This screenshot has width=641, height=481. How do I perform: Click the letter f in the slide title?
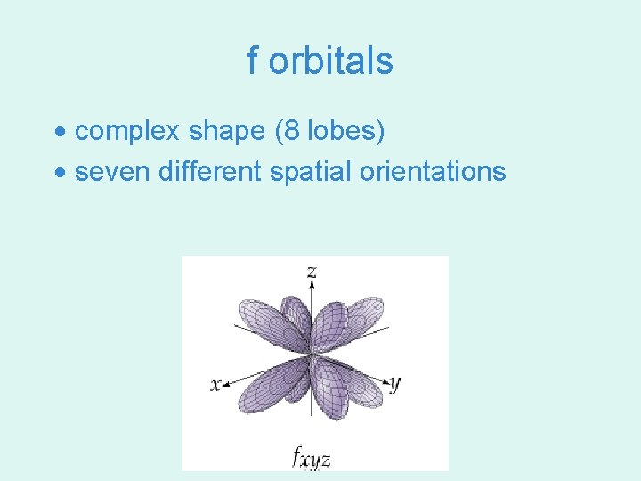coord(253,61)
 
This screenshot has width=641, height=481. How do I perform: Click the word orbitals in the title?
coord(330,61)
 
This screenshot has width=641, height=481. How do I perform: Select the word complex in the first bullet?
coord(128,132)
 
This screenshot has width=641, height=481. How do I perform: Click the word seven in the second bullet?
coord(113,171)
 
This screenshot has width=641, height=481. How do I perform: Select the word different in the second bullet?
coord(210,171)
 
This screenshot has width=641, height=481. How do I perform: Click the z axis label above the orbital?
coord(312,271)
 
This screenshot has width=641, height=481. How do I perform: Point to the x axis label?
coord(215,385)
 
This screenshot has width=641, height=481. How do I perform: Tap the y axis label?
coord(395,384)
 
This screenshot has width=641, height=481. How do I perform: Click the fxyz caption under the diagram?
coord(312,458)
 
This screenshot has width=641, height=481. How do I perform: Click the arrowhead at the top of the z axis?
coord(312,285)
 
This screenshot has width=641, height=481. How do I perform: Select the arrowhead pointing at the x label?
coord(227,384)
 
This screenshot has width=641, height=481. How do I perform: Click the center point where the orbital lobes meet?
coord(312,355)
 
